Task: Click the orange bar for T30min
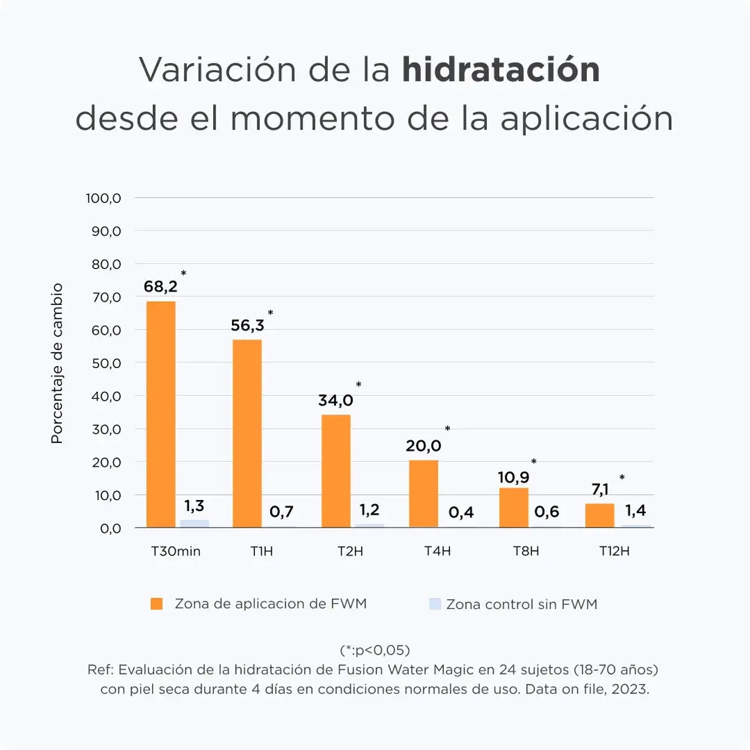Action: (x=161, y=414)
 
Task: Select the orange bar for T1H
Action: (x=247, y=433)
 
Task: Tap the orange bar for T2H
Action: (x=335, y=471)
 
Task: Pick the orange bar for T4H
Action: (x=424, y=493)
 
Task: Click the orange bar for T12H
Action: (x=599, y=515)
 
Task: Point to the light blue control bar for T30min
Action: (x=194, y=524)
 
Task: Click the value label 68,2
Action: (x=160, y=286)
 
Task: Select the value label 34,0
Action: (x=335, y=401)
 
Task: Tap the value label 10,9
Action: (x=513, y=478)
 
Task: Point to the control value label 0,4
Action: (x=461, y=512)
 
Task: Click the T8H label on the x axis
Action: (x=526, y=552)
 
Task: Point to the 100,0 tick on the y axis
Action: (x=104, y=198)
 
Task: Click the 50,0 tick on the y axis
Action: (x=106, y=363)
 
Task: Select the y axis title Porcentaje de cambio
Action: (x=58, y=363)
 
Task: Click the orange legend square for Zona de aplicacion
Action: (x=156, y=604)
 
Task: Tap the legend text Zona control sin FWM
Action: (x=522, y=604)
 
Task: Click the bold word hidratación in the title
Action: (x=501, y=69)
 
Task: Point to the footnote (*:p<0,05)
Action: (x=375, y=650)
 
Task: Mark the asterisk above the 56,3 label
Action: (x=270, y=313)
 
